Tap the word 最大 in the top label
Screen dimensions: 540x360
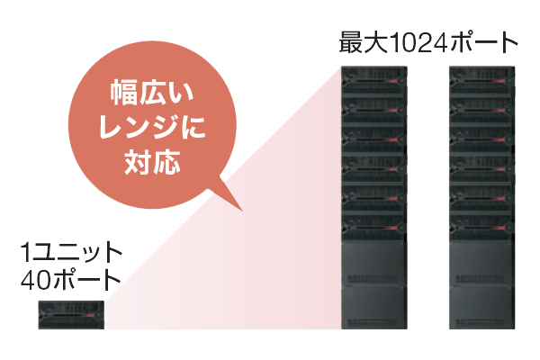[x=364, y=43]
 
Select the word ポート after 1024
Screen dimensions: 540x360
[x=482, y=43]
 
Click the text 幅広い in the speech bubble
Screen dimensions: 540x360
[x=152, y=92]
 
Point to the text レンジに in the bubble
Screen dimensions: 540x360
[x=152, y=127]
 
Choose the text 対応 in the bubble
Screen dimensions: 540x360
[x=152, y=161]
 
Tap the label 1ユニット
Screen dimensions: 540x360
[x=71, y=253]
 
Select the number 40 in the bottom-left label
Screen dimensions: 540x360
[x=35, y=281]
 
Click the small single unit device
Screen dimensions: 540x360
[x=71, y=315]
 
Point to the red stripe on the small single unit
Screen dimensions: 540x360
[x=88, y=316]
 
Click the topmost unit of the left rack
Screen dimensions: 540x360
[x=374, y=81]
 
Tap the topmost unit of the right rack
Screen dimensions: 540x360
[x=481, y=81]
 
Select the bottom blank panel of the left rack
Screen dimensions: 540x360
[x=374, y=307]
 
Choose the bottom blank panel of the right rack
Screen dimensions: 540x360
[x=481, y=307]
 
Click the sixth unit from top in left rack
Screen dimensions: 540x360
[x=374, y=227]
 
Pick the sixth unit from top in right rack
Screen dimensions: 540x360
[x=481, y=227]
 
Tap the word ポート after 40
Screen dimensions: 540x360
[x=86, y=281]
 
